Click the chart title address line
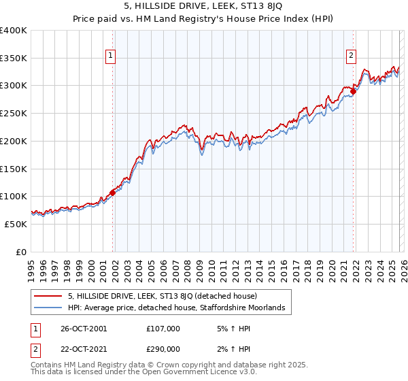pos(203,7)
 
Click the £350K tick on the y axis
pos(14,59)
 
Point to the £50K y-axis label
pos(16,224)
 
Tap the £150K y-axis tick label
pos(14,169)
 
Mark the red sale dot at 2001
pos(112,193)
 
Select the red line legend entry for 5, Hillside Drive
pos(162,296)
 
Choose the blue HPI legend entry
pos(180,308)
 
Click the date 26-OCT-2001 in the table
pos(84,329)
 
